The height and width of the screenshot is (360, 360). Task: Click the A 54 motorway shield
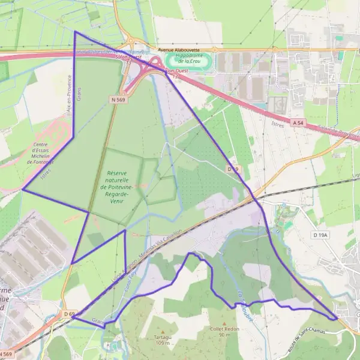click(x=298, y=122)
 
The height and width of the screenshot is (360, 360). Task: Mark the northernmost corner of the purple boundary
click(x=74, y=32)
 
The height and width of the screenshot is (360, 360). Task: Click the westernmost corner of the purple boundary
click(x=22, y=190)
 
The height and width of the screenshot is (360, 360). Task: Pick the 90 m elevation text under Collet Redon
click(x=224, y=335)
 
